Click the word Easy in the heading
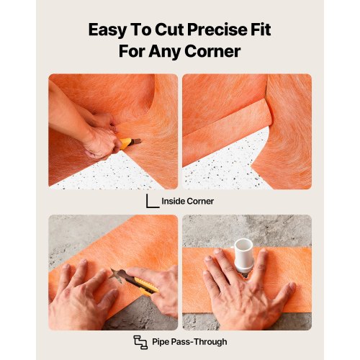tap(107, 30)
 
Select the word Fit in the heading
tap(261, 30)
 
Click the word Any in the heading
tap(164, 52)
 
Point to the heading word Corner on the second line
tap(212, 51)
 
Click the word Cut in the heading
tap(169, 30)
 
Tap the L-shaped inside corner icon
tap(153, 201)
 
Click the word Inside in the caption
tap(173, 201)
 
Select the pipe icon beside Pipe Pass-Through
tap(140, 342)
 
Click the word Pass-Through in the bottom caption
tap(199, 341)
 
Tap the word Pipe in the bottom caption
tap(161, 342)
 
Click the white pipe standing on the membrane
tap(243, 256)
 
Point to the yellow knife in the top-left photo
tap(130, 143)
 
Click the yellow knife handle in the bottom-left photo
tap(146, 286)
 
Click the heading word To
tap(140, 30)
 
